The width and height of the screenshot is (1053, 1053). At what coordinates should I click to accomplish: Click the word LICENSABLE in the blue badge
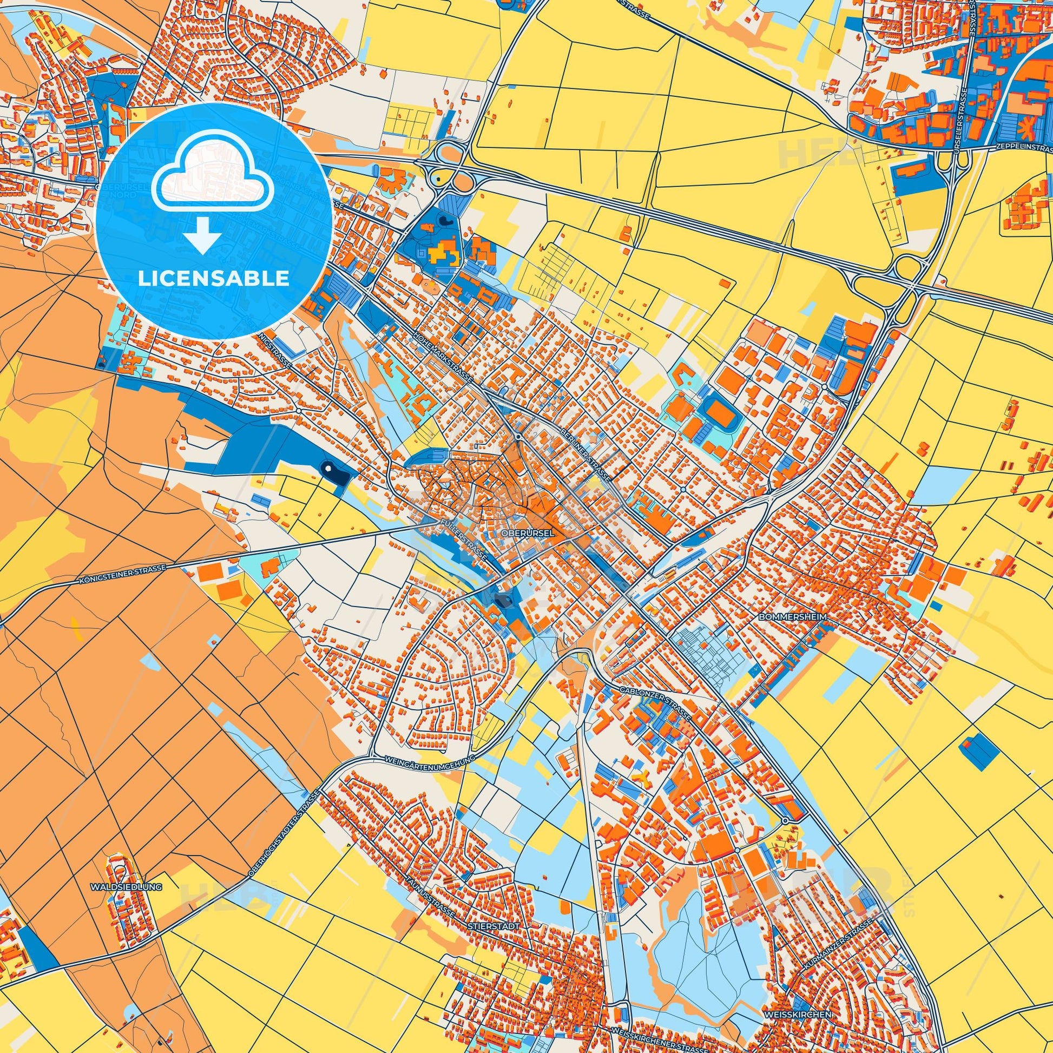pyautogui.click(x=213, y=278)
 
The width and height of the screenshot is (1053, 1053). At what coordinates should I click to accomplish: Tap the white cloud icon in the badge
pyautogui.click(x=213, y=180)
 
